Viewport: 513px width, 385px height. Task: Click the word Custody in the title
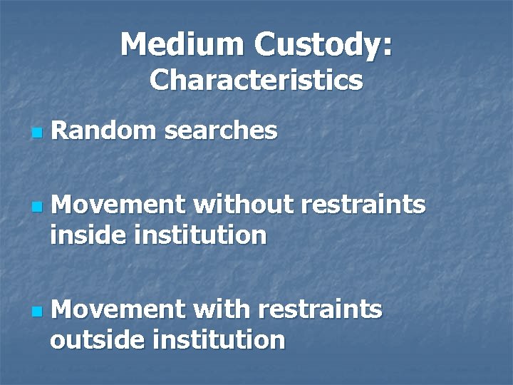click(313, 45)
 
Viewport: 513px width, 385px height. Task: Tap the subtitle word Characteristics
click(256, 80)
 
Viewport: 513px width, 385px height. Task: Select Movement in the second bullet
click(118, 205)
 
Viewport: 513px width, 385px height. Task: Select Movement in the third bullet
click(118, 310)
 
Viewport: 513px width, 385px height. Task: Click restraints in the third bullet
click(321, 310)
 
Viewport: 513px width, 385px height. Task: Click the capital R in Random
click(60, 130)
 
